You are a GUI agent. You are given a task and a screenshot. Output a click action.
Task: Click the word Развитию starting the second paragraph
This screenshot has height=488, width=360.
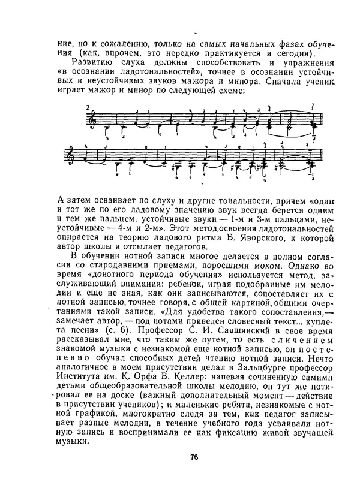tap(92, 62)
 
